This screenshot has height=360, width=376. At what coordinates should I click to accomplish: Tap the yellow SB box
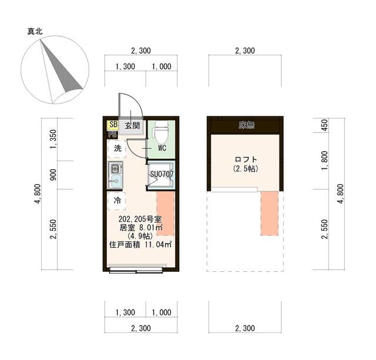point(113,125)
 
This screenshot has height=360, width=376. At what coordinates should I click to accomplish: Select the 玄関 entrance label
point(132,125)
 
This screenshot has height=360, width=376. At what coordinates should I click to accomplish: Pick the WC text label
point(162,149)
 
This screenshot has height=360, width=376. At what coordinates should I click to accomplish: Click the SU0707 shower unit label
point(161,174)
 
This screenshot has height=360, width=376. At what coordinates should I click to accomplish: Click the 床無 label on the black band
point(246,125)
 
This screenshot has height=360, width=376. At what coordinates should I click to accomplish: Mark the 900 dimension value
point(52,175)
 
